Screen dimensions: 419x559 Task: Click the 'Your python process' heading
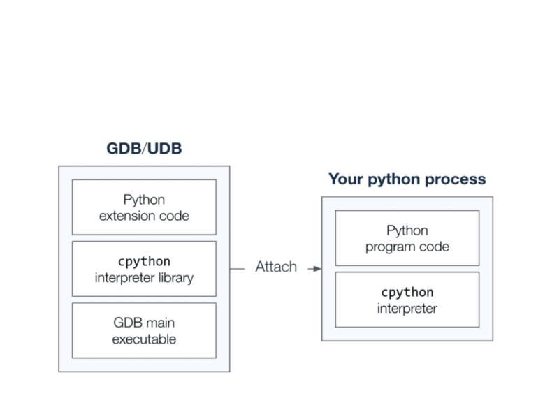click(407, 179)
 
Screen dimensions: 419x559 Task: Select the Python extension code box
click(144, 207)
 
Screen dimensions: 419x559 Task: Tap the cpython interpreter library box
click(144, 269)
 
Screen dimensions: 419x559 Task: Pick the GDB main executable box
click(144, 330)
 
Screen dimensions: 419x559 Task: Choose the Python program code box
click(407, 237)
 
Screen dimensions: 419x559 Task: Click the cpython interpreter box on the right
click(407, 300)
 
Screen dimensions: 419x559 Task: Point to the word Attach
click(275, 267)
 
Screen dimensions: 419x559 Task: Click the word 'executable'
click(144, 339)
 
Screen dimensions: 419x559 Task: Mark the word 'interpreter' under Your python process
click(407, 308)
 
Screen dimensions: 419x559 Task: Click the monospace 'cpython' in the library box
click(144, 261)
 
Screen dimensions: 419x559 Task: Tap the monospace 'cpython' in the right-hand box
click(407, 292)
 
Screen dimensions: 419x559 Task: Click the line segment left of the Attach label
click(240, 267)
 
